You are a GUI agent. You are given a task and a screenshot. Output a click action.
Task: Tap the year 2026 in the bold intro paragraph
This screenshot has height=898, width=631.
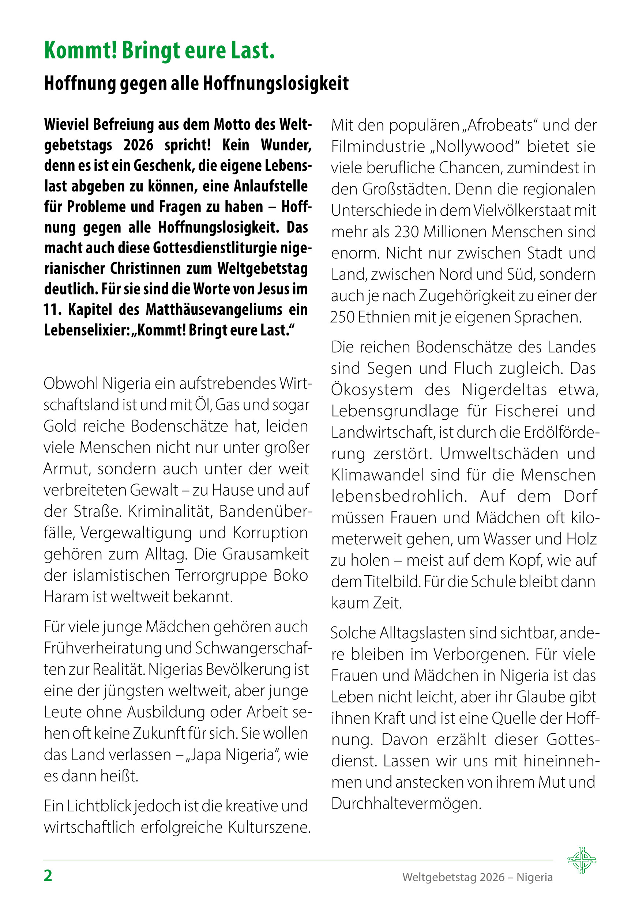[x=138, y=145]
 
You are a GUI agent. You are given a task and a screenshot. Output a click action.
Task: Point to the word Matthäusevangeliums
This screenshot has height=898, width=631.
[x=214, y=310]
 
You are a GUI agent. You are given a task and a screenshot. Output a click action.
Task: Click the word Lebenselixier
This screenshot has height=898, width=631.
[x=86, y=330]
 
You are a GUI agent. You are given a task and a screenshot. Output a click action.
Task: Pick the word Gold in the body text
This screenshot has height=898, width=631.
[x=59, y=426]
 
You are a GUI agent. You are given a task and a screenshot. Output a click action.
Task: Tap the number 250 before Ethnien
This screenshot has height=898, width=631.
[x=342, y=317]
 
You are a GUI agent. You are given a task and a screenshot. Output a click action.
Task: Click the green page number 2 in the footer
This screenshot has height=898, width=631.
[x=48, y=876]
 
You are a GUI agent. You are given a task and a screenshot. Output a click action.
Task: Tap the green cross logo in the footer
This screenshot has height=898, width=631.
[x=582, y=860]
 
